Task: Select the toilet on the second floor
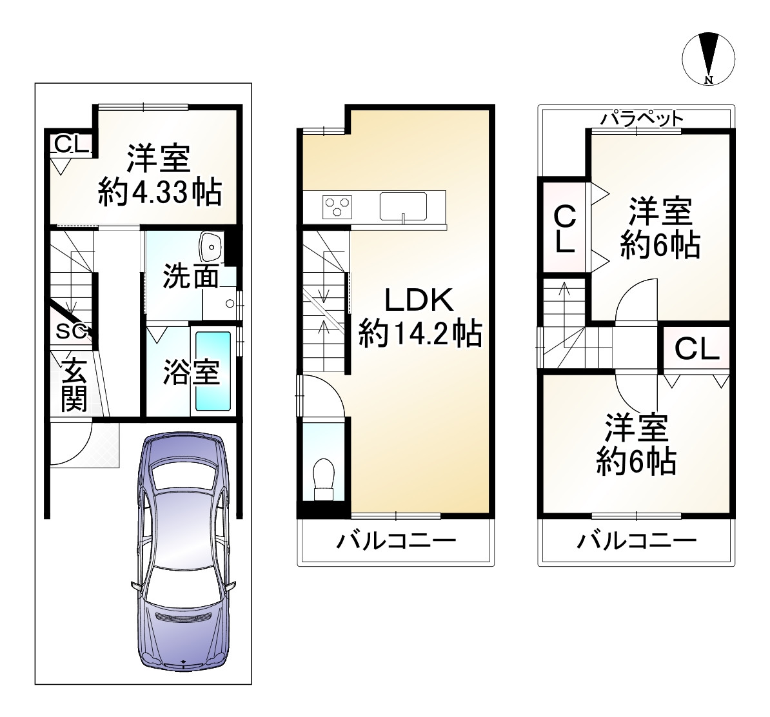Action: [324, 479]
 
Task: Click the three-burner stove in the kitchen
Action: [337, 206]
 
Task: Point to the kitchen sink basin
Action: [402, 206]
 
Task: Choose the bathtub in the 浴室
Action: [213, 371]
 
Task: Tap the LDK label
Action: [419, 300]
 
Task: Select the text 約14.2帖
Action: [420, 333]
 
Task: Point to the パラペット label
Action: [643, 119]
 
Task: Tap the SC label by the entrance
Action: [71, 331]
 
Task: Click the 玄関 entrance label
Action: [74, 384]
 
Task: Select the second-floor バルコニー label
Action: [396, 541]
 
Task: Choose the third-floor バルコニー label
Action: [637, 541]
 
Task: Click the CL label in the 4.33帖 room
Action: [71, 144]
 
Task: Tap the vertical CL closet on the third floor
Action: [565, 228]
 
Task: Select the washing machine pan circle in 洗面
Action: [230, 304]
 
